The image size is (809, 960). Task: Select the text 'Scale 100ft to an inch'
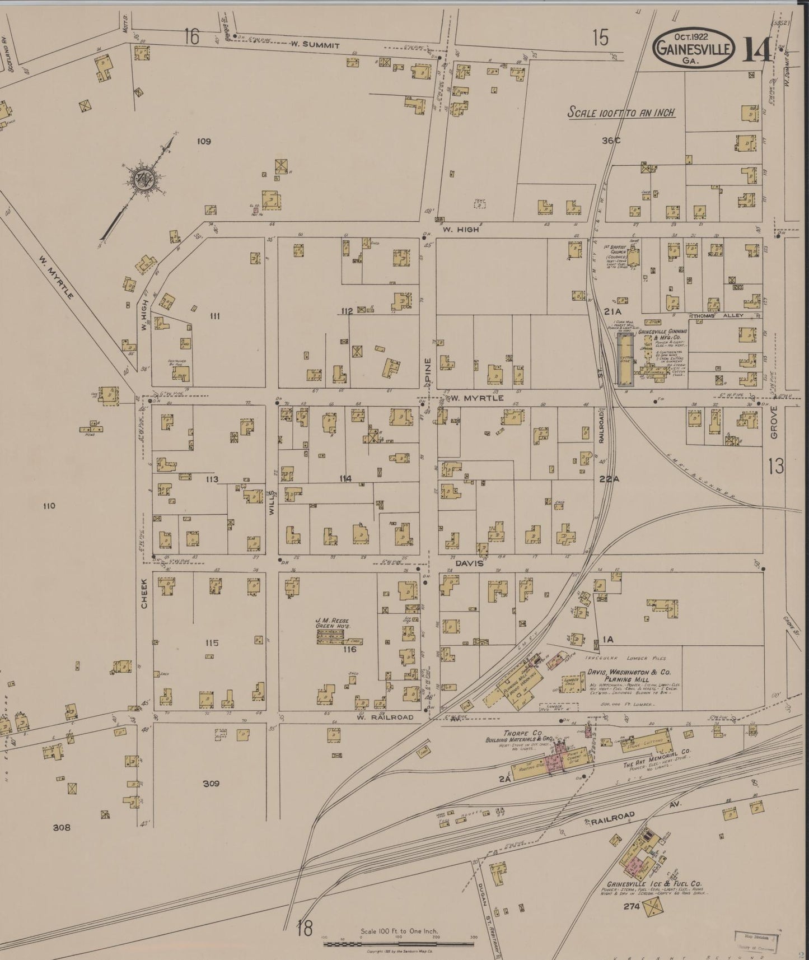point(621,112)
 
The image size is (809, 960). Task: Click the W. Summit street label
point(314,45)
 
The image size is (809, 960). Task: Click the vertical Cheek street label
point(144,594)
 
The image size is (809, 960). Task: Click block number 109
point(204,141)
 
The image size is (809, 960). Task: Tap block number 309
point(211,784)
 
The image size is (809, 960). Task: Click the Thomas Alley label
point(718,316)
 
